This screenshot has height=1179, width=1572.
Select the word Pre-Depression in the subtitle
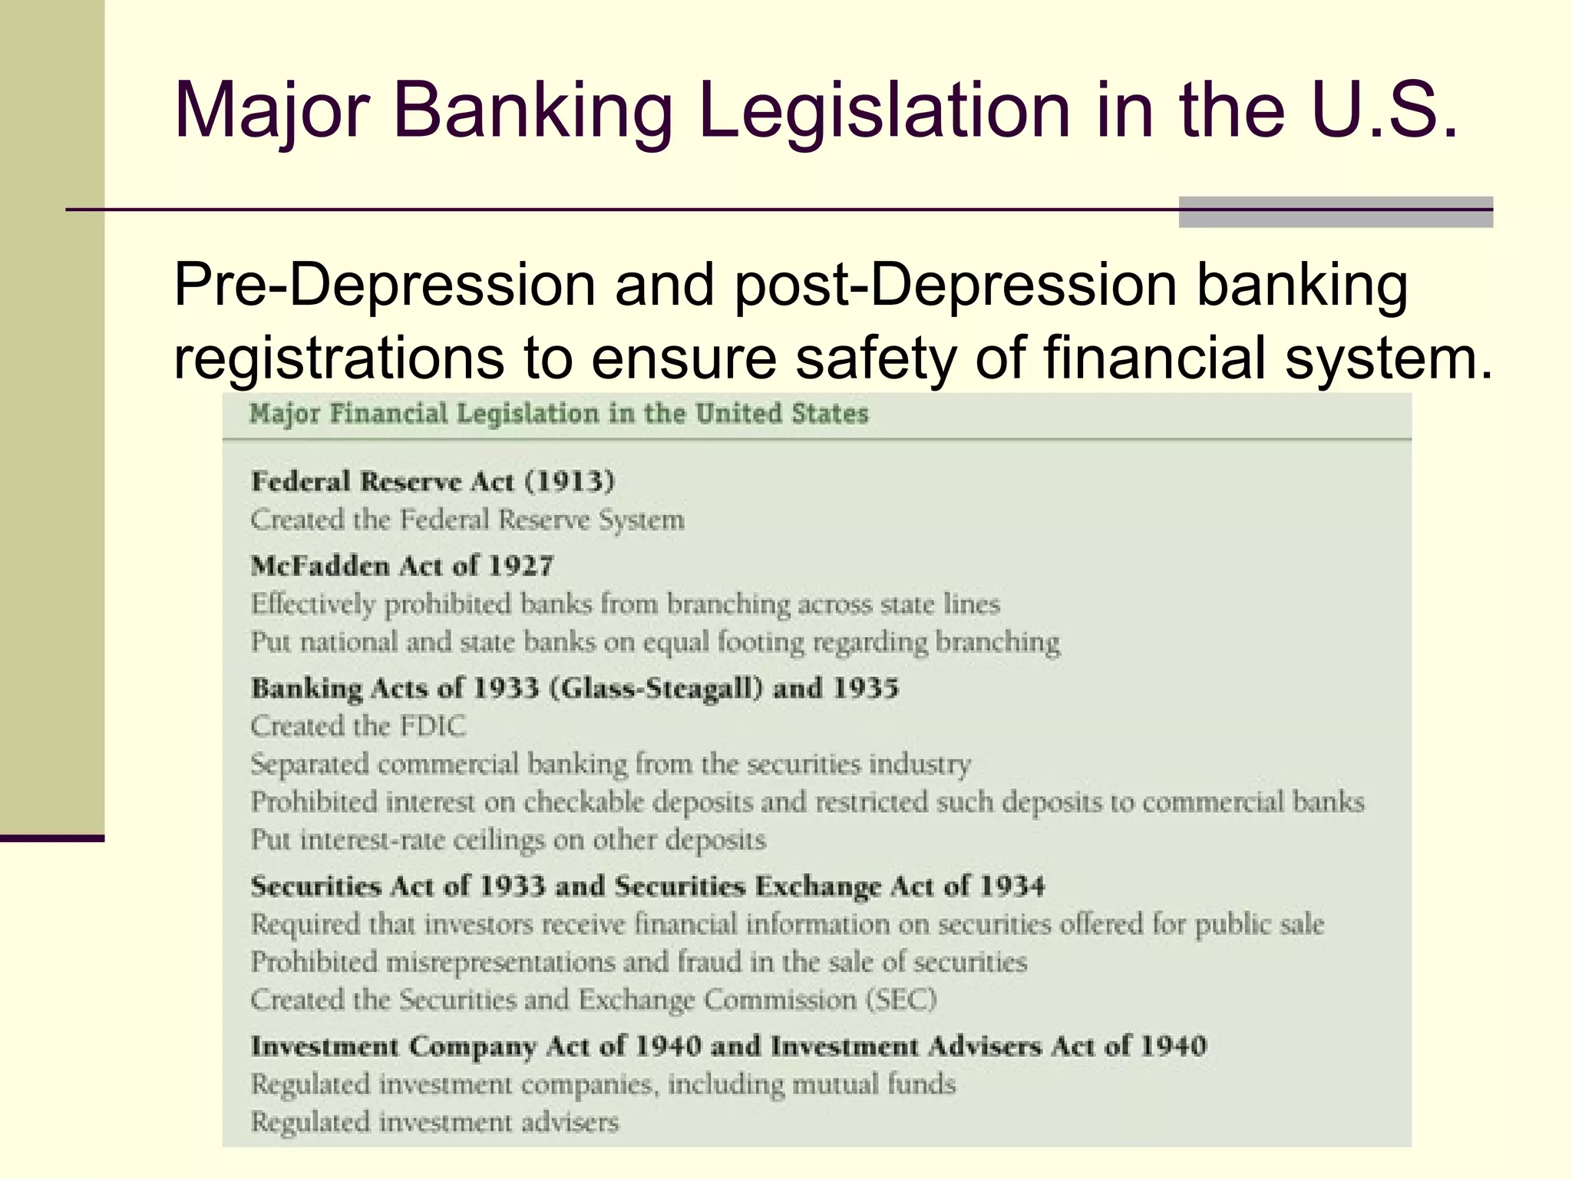pyautogui.click(x=385, y=285)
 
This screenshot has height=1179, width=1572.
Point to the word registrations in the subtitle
pyautogui.click(x=339, y=358)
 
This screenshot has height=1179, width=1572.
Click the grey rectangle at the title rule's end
pyautogui.click(x=1335, y=212)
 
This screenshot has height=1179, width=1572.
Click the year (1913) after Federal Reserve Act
pyautogui.click(x=570, y=481)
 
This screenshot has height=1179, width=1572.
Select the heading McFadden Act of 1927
pyautogui.click(x=402, y=566)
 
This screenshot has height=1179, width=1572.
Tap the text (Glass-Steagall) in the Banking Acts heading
pyautogui.click(x=656, y=687)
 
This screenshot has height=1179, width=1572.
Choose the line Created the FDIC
pyautogui.click(x=358, y=725)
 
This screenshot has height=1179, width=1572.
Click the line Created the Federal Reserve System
pyautogui.click(x=467, y=520)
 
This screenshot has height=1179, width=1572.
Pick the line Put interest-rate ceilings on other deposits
pyautogui.click(x=508, y=840)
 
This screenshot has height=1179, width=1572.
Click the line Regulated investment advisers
pyautogui.click(x=434, y=1121)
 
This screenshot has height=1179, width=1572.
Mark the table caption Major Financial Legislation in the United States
pyautogui.click(x=559, y=414)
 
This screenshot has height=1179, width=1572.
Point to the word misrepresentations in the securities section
pyautogui.click(x=500, y=962)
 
